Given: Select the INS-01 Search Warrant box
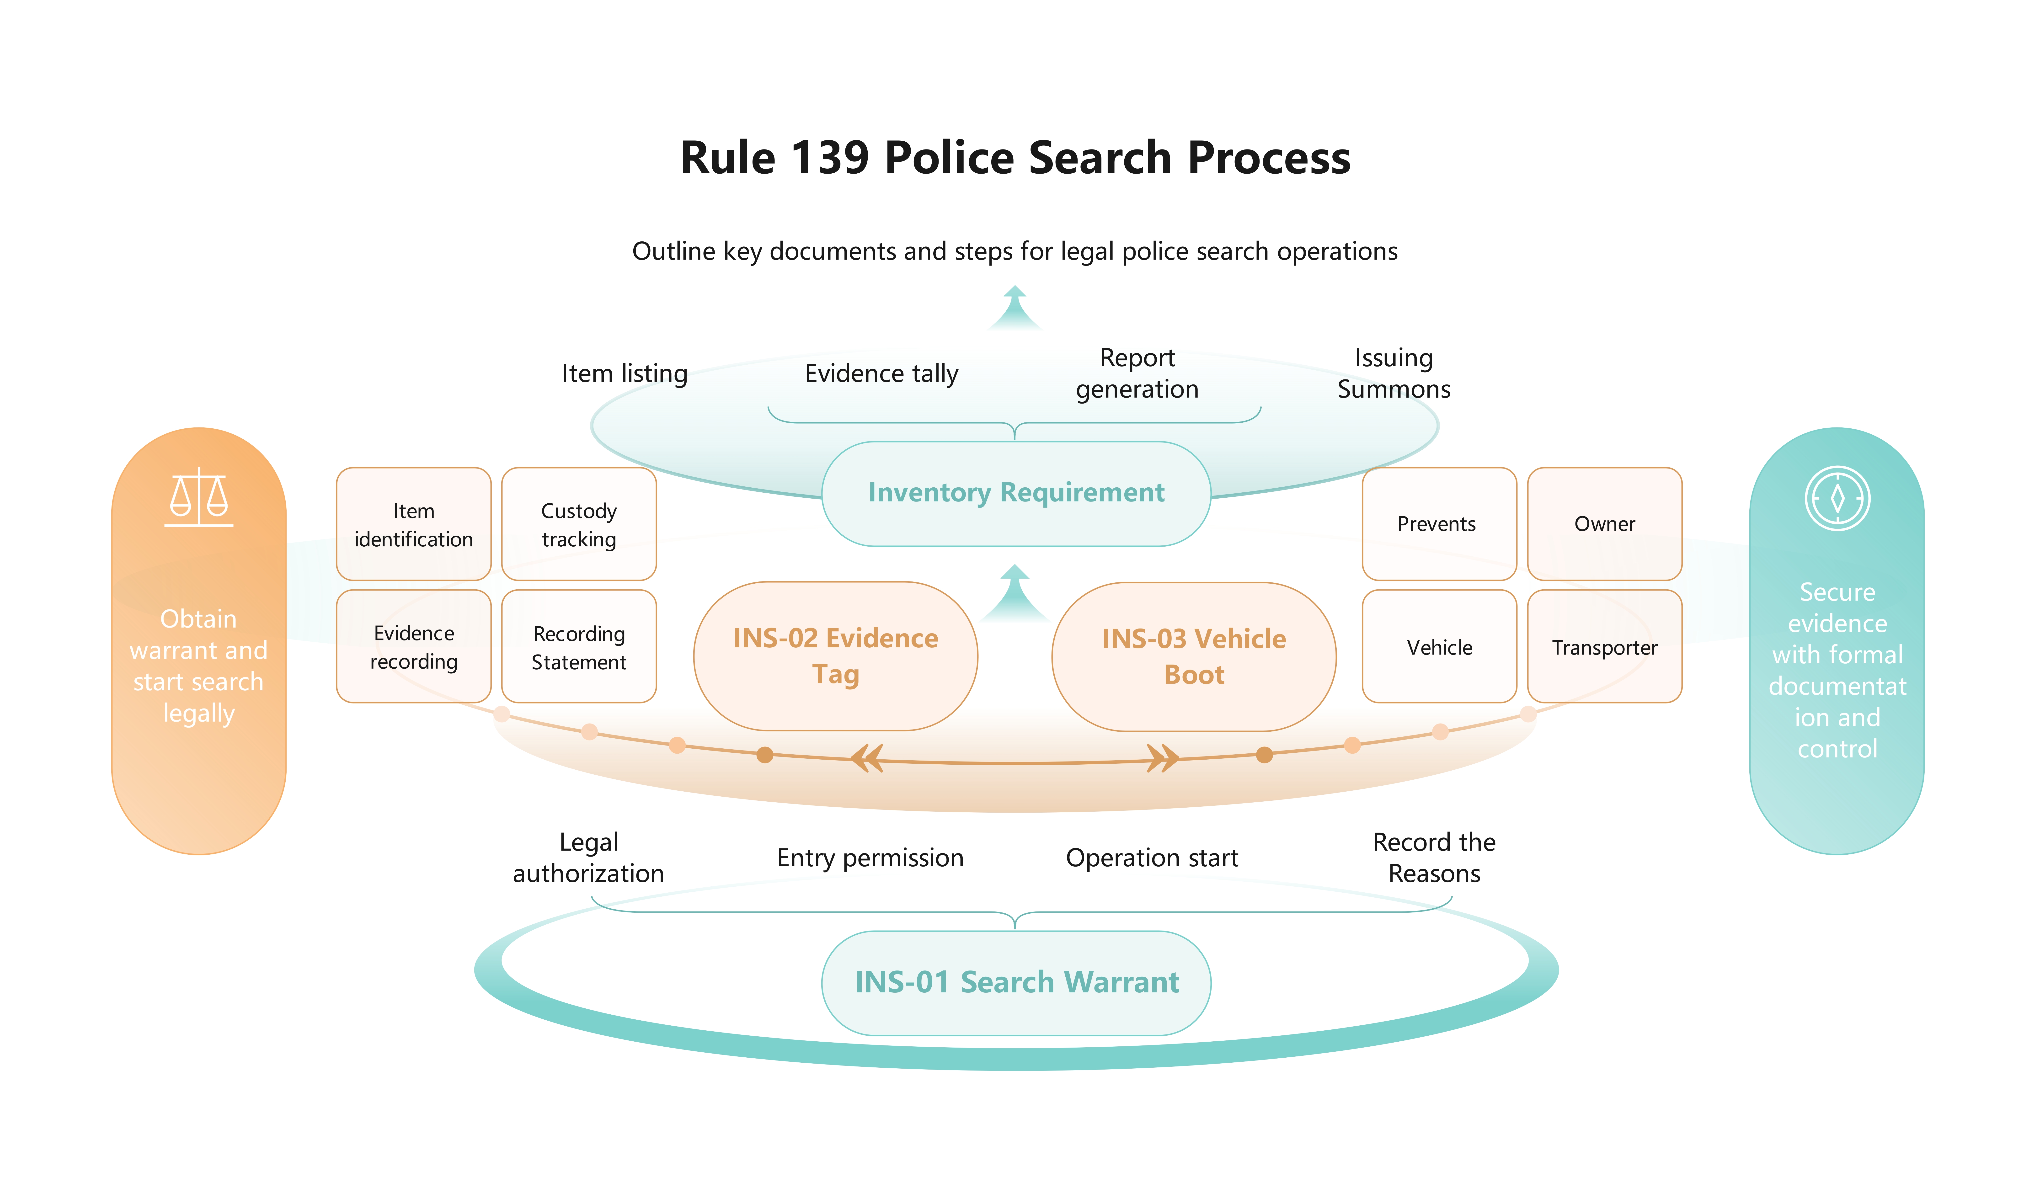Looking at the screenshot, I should point(1016,982).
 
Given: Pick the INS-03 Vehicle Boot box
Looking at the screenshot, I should point(1194,656).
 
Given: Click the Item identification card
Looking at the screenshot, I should point(414,525).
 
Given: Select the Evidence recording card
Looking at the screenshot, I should point(414,647).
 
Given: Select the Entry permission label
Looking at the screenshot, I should point(870,858).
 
